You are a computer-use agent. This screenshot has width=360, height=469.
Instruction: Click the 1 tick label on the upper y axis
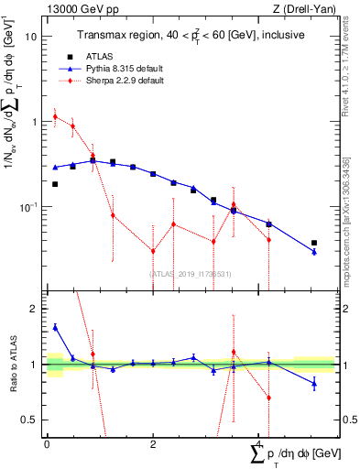click(x=35, y=122)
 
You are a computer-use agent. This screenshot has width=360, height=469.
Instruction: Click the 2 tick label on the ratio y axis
click(x=35, y=310)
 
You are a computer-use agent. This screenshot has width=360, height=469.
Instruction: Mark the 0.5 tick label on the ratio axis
click(x=31, y=420)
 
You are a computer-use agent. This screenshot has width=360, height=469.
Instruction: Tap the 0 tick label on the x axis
click(x=47, y=443)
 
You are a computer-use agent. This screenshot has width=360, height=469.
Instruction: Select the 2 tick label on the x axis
click(x=153, y=443)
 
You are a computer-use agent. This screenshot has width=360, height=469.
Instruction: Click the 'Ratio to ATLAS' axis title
click(x=11, y=365)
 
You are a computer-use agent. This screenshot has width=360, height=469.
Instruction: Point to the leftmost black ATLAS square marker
click(x=55, y=184)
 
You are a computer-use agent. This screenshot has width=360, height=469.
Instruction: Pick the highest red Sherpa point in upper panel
click(x=55, y=116)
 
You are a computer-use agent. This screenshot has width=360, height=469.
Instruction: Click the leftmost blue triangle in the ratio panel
click(x=55, y=327)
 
